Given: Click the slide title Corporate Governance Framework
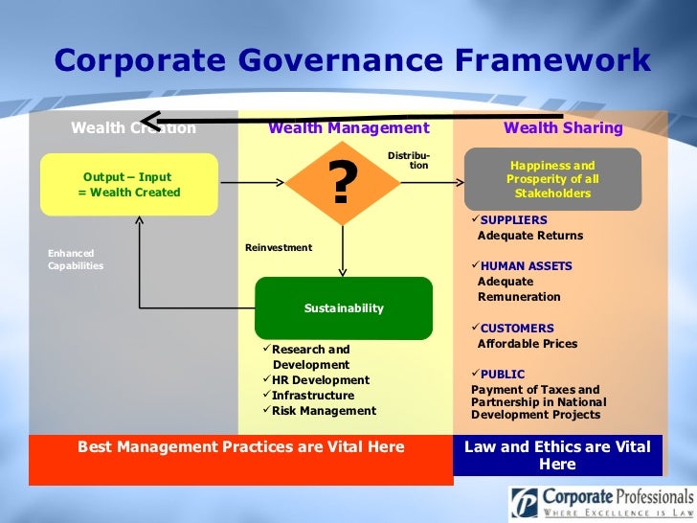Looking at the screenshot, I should point(352,61).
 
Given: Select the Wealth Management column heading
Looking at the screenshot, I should point(348,128).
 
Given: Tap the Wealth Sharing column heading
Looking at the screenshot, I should point(563,128).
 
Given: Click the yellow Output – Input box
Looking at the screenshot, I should point(128,184).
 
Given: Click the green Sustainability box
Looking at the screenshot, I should point(343,308).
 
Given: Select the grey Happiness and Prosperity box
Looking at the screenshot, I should point(551,179).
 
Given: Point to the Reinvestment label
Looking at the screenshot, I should point(279,248).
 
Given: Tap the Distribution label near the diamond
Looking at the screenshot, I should point(410,161).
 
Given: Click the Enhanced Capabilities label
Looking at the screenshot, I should point(76,260).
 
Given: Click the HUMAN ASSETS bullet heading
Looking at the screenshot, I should point(526,266).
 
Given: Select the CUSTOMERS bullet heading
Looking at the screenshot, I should point(517,329).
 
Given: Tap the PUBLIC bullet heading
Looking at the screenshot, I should point(503,375).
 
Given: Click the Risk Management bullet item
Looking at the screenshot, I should point(324,411).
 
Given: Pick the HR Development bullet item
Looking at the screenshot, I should point(320,380).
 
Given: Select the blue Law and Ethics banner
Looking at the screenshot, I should point(556,455).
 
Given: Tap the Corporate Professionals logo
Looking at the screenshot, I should point(600,502).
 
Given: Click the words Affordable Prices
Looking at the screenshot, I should point(528,344).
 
